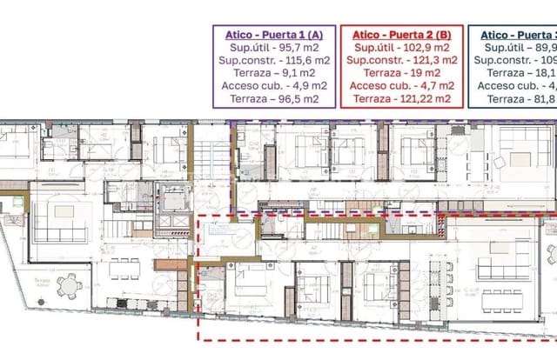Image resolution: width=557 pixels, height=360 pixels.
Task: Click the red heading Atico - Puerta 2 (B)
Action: click(x=401, y=34)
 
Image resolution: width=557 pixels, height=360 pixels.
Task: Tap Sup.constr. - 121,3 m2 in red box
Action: click(x=401, y=60)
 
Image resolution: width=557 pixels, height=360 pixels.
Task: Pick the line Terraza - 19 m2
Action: click(x=401, y=73)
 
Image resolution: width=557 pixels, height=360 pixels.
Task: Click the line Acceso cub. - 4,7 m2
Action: click(x=401, y=86)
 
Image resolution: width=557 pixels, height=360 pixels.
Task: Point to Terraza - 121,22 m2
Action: click(x=401, y=99)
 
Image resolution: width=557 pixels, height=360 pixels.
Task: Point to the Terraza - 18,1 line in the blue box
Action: click(x=518, y=73)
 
